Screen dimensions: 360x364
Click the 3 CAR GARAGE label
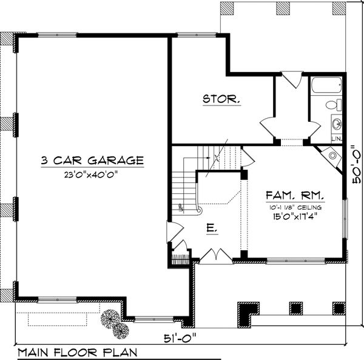(92, 161)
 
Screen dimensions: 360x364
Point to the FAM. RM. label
(294, 196)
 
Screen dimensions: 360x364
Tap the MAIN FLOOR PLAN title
(77, 352)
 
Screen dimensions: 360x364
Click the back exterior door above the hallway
(292, 79)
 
